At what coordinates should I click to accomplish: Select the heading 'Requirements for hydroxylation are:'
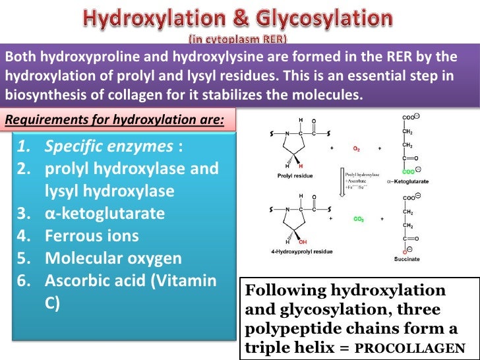pos(114,120)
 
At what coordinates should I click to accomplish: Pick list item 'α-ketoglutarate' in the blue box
pos(105,213)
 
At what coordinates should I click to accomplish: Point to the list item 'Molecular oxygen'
pos(113,258)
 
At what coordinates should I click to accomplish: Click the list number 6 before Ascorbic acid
pos(23,280)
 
